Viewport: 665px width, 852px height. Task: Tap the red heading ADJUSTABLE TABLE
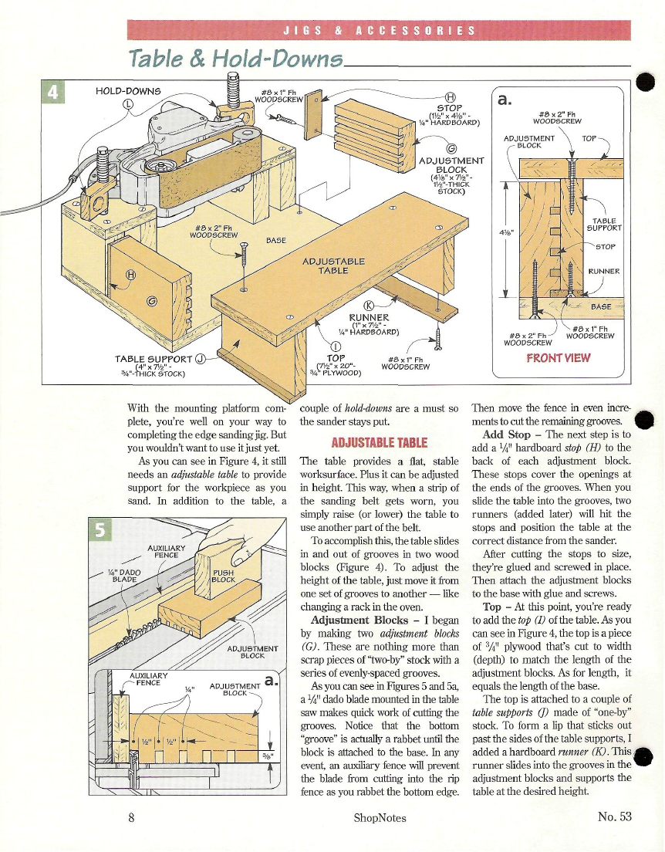tap(379, 442)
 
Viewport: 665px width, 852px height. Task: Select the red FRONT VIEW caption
tap(558, 357)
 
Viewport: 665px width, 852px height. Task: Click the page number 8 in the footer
tap(133, 817)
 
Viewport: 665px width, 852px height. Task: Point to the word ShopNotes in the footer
tap(380, 817)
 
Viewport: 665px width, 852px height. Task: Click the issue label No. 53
tap(614, 817)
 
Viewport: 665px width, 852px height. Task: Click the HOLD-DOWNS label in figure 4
tap(127, 91)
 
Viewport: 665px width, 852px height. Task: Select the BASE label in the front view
tap(600, 306)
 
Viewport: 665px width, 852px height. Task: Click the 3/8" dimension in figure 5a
tap(267, 756)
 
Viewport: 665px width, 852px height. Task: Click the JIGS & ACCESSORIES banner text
tap(378, 31)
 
